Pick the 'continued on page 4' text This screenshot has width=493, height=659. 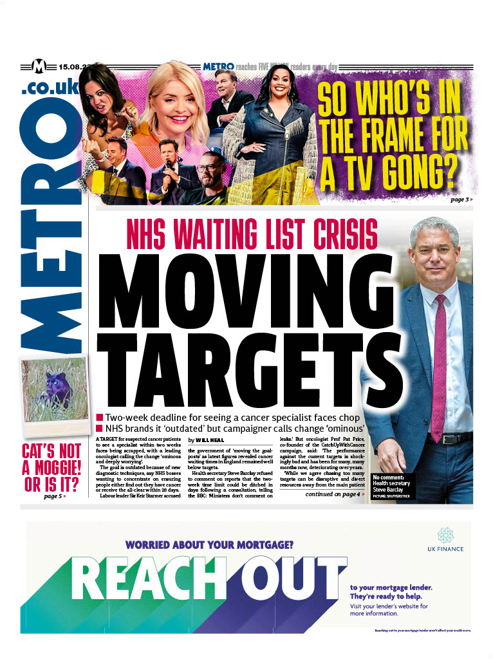tap(340, 494)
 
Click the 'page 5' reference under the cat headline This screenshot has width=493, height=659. tap(55, 496)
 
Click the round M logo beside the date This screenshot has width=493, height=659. tap(40, 66)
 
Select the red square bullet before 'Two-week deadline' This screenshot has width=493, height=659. tap(99, 417)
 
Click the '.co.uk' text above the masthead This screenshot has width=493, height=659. tap(50, 88)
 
